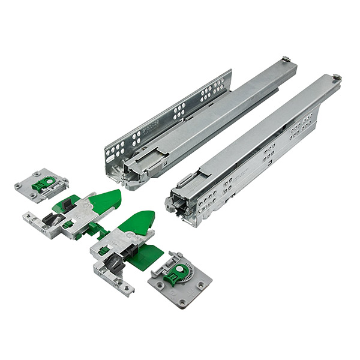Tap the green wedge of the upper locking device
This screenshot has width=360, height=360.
(x=104, y=200)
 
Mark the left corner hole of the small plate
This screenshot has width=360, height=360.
(x=19, y=186)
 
